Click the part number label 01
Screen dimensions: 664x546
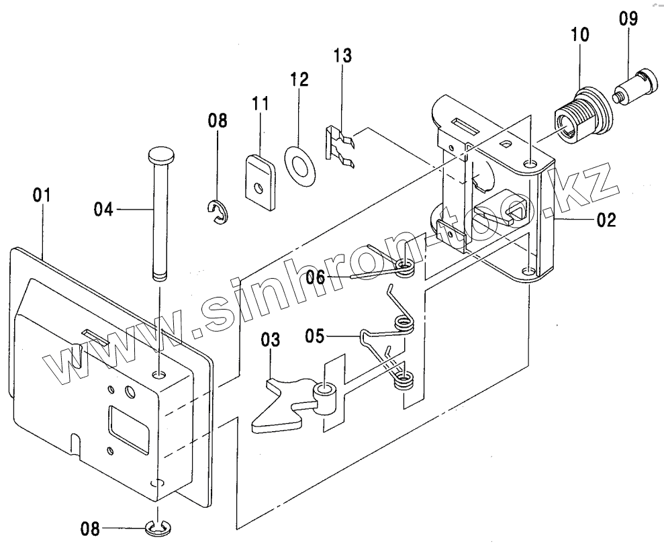pyautogui.click(x=42, y=195)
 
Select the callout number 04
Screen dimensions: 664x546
pyautogui.click(x=104, y=210)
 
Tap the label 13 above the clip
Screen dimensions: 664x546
pyautogui.click(x=342, y=56)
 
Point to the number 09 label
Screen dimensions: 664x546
pyautogui.click(x=628, y=19)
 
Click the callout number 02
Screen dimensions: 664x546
pyautogui.click(x=606, y=220)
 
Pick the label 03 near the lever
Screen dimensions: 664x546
pyautogui.click(x=271, y=340)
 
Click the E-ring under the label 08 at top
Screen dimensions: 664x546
pyautogui.click(x=219, y=212)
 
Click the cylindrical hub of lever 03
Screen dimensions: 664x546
pyautogui.click(x=326, y=397)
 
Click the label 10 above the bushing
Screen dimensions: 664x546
pyautogui.click(x=580, y=35)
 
